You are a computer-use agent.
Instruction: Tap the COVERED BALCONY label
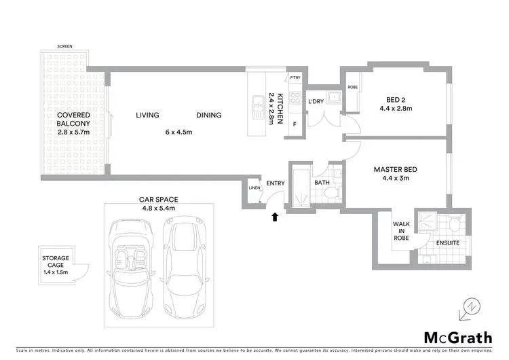73,120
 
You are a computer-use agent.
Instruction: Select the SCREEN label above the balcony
65,46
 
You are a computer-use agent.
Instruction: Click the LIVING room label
147,115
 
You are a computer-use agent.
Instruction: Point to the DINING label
209,115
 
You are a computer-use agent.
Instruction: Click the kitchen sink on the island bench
258,105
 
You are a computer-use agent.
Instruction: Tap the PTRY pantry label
295,78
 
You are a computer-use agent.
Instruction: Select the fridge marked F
295,124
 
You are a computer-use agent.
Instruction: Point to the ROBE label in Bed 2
352,88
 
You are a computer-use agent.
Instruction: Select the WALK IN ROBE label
401,231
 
